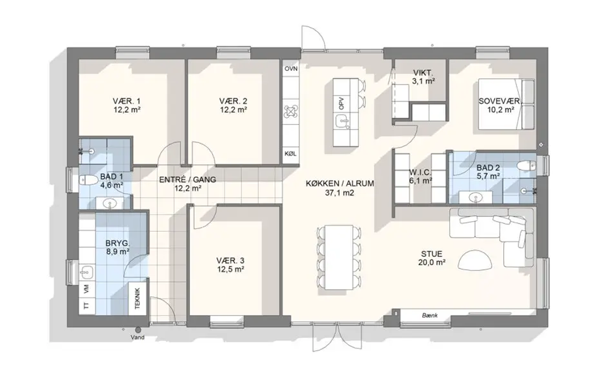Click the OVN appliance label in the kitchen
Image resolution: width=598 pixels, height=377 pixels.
tap(291, 69)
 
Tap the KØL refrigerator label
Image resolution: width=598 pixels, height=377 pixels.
tap(290, 154)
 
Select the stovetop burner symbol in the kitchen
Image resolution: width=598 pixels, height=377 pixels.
tap(291, 111)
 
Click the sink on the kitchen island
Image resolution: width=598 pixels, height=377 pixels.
tap(342, 122)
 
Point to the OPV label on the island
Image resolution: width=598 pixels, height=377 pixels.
tap(341, 103)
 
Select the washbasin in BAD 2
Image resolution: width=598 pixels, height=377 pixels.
tap(475, 198)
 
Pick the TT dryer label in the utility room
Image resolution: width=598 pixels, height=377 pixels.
tap(86, 306)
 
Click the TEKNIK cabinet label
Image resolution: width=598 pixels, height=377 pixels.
tap(138, 298)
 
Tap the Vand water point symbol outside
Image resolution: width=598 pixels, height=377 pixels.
tap(138, 330)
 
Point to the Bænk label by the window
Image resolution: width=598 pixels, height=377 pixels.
tap(430, 316)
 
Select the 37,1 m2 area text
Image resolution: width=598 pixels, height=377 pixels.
tap(339, 193)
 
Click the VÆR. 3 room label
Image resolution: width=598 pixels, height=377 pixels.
tap(230, 260)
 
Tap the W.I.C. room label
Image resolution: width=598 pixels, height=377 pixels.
tap(420, 171)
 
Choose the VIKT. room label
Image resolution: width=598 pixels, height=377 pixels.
tap(424, 73)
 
